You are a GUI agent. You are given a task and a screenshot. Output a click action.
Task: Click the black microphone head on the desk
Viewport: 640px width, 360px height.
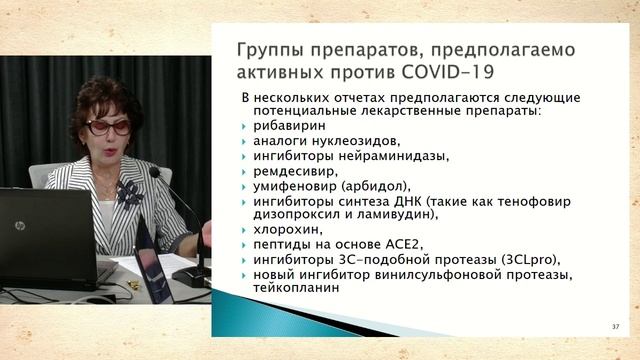pyautogui.click(x=155, y=173)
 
